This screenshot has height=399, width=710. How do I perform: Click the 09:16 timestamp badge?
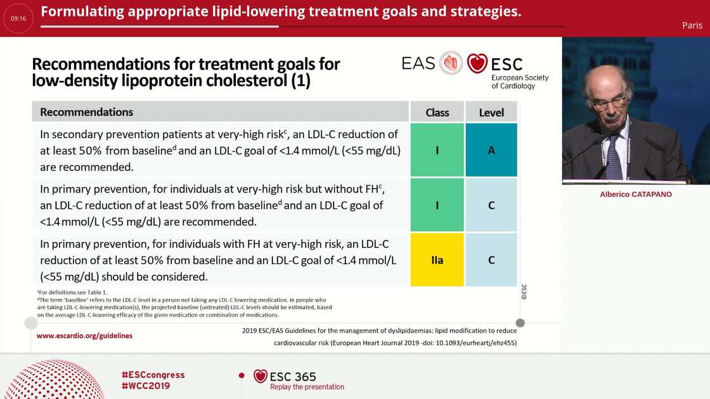(18, 18)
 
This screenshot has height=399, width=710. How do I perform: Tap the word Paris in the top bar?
(692, 25)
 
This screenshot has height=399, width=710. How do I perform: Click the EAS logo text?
(418, 63)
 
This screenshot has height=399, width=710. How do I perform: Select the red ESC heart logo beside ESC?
(477, 63)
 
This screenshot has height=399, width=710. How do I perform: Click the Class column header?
(437, 113)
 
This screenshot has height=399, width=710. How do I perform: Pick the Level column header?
(491, 113)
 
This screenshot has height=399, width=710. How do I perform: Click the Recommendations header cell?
(87, 112)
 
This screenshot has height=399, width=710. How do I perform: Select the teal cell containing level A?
(491, 150)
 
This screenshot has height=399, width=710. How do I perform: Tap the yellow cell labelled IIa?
(437, 260)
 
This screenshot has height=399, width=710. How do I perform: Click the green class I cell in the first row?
(437, 150)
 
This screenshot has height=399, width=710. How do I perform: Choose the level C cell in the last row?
(491, 260)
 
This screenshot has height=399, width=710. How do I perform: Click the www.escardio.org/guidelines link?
(84, 336)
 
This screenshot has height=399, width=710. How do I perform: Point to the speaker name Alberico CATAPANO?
(636, 194)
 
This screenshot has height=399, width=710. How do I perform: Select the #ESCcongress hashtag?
(153, 375)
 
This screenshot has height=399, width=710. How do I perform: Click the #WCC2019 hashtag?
(145, 386)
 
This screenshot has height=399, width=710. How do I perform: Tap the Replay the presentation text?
(307, 387)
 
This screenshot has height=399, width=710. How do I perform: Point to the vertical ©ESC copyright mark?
(524, 291)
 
